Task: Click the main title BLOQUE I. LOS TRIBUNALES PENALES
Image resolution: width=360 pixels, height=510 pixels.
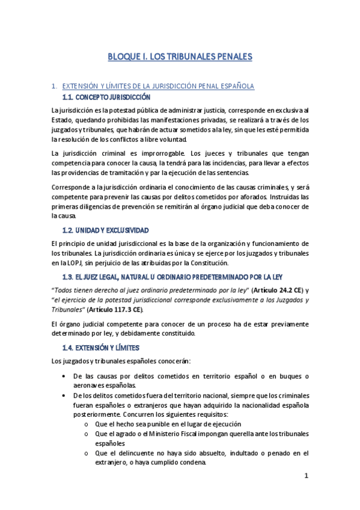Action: pos(180,57)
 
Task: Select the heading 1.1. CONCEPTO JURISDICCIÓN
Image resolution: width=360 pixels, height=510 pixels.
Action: pos(106,97)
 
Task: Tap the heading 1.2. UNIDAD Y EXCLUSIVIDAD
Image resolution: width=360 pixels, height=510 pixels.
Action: pos(106,230)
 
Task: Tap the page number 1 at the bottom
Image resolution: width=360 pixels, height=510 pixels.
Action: pos(306,476)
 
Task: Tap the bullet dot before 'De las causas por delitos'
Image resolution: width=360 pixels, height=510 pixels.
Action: pos(64,376)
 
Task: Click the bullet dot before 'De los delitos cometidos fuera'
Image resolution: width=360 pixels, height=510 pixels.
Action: pos(64,396)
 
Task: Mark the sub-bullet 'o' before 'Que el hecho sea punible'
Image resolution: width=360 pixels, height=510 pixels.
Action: pos(88,424)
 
